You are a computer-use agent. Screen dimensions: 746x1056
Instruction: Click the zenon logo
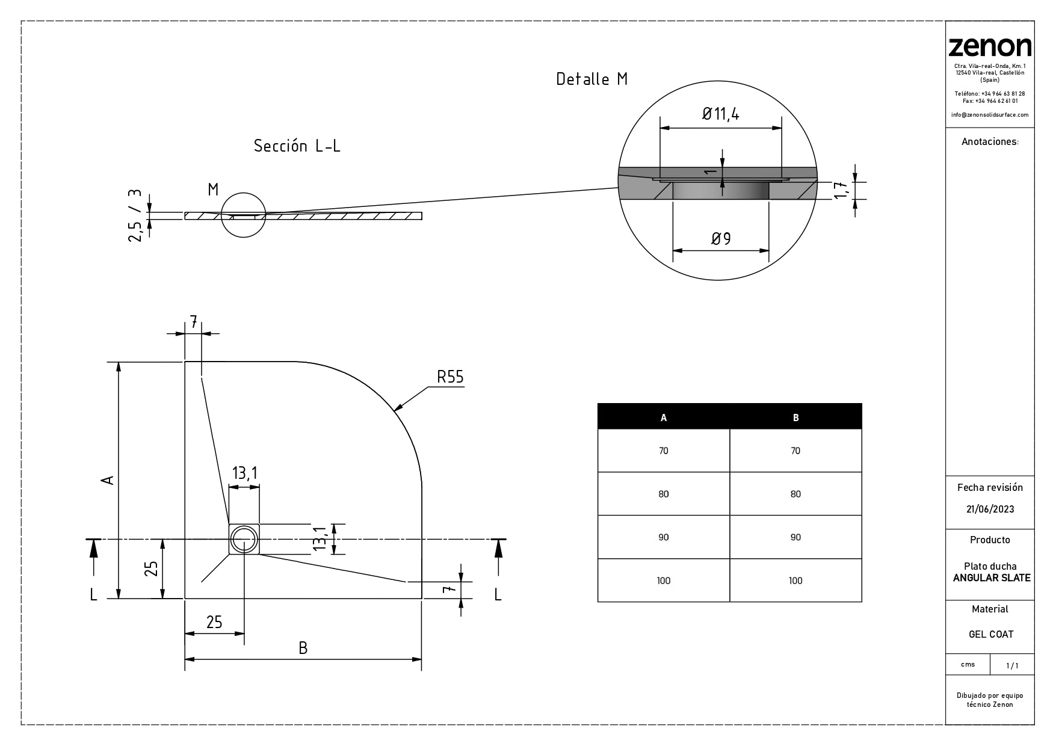pyautogui.click(x=989, y=47)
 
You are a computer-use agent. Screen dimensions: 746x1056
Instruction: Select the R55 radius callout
pyautogui.click(x=450, y=377)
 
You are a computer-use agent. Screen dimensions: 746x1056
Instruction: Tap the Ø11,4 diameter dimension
pyautogui.click(x=720, y=114)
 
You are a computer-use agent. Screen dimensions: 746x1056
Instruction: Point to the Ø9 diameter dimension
pyautogui.click(x=720, y=239)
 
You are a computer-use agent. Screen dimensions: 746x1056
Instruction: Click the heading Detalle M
pyautogui.click(x=591, y=79)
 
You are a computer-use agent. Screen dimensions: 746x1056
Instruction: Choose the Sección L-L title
pyautogui.click(x=297, y=146)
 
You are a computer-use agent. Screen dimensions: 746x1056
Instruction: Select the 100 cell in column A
pyautogui.click(x=663, y=581)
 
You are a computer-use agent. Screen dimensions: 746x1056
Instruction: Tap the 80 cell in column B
pyautogui.click(x=795, y=494)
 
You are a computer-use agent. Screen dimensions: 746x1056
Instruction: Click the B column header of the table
pyautogui.click(x=795, y=418)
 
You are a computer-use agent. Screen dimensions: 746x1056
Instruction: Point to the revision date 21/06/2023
pyautogui.click(x=990, y=509)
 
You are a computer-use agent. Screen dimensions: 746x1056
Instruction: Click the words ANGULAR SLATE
pyautogui.click(x=992, y=578)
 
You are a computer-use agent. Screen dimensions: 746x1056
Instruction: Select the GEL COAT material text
pyautogui.click(x=990, y=634)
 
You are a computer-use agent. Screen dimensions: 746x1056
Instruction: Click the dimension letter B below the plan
pyautogui.click(x=303, y=648)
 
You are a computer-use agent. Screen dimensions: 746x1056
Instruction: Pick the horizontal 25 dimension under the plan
pyautogui.click(x=214, y=622)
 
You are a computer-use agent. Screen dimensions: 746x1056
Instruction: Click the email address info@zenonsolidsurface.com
pyautogui.click(x=990, y=115)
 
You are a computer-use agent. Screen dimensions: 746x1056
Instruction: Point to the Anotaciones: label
pyautogui.click(x=990, y=142)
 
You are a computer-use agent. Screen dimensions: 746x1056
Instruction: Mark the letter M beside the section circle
pyautogui.click(x=213, y=190)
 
